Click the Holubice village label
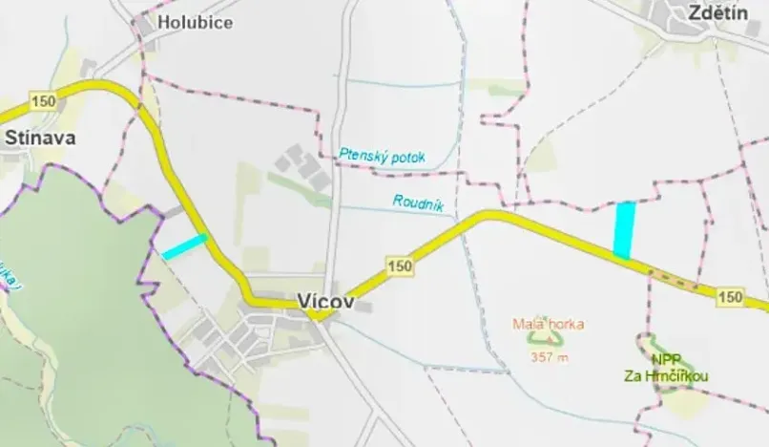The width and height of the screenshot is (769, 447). click(x=196, y=22)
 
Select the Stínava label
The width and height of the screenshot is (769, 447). click(x=40, y=138)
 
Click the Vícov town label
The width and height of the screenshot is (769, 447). click(x=325, y=301)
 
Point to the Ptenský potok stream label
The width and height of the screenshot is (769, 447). click(x=382, y=156)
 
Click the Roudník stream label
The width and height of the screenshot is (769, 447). click(x=415, y=202)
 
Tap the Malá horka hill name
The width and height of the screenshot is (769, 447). click(x=548, y=324)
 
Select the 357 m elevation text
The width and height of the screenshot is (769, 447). click(x=549, y=357)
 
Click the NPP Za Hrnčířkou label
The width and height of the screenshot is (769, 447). click(x=680, y=368)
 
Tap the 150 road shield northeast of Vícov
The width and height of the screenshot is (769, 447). click(x=401, y=266)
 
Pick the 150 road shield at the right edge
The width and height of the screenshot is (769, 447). click(x=731, y=297)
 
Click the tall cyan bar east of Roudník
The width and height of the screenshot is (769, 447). click(x=624, y=230)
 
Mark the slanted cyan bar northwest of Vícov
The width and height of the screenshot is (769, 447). click(x=184, y=246)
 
